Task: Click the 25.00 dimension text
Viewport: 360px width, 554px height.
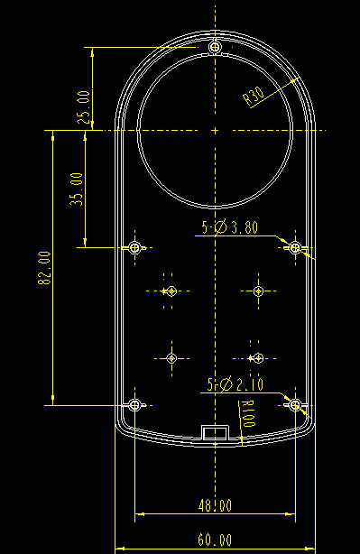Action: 84,107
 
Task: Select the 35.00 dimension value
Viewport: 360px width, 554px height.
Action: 77,189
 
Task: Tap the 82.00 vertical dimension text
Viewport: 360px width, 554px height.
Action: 45,268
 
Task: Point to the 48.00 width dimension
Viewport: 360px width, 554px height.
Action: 215,505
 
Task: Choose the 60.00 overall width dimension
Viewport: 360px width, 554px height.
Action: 215,540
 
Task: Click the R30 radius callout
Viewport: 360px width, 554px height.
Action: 254,97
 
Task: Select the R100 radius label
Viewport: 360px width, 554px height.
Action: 249,414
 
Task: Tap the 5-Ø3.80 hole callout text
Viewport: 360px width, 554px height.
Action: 230,227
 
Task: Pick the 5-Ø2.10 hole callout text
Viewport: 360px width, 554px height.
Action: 235,384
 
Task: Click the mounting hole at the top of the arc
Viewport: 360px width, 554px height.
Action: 215,47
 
